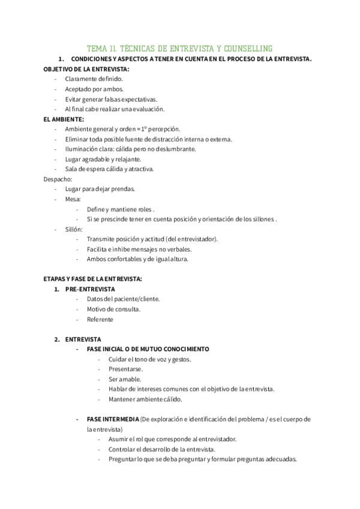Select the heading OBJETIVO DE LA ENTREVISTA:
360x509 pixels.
(x=86, y=70)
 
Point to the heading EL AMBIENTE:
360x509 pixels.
(x=64, y=119)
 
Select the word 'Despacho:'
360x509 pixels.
(x=58, y=179)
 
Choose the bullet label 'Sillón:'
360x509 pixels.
(x=74, y=229)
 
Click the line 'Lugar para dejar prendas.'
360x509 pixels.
(x=100, y=189)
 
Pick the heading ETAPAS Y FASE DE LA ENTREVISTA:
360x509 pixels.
(x=92, y=279)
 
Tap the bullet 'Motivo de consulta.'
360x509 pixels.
(x=113, y=309)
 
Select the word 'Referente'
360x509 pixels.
(x=100, y=319)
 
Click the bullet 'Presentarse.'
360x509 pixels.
(x=125, y=369)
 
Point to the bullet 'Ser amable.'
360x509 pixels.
(x=125, y=379)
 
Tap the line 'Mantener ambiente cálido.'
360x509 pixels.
(x=146, y=399)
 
